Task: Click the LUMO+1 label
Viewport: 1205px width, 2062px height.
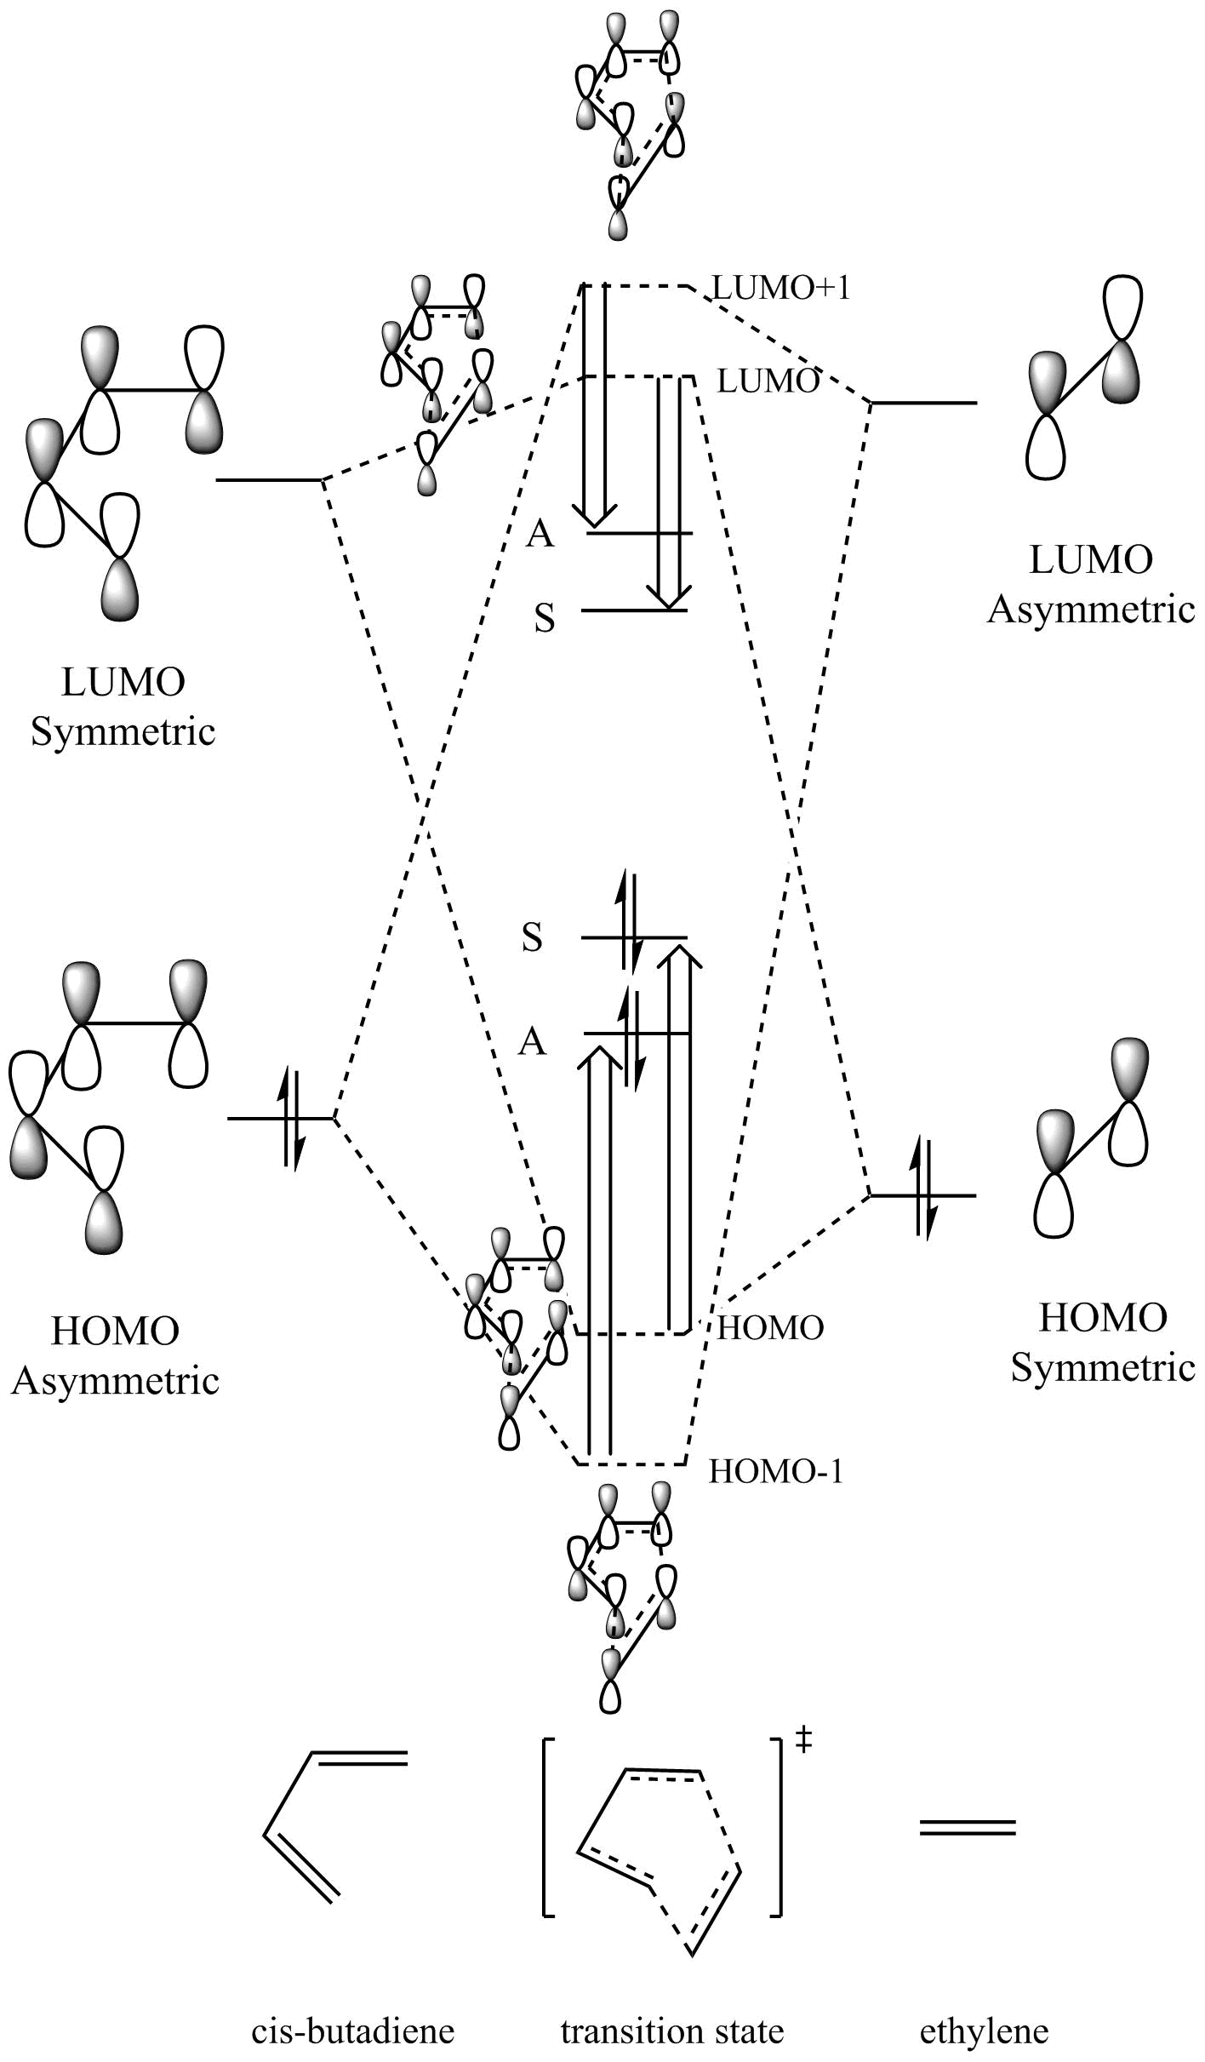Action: (781, 289)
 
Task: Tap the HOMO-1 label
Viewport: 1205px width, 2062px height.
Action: (775, 1472)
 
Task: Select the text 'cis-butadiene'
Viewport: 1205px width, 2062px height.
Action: (352, 2031)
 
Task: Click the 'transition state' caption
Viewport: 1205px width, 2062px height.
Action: (672, 2031)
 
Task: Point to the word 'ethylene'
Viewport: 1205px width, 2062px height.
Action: (985, 2031)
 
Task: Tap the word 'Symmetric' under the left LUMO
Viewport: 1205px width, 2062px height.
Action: (123, 732)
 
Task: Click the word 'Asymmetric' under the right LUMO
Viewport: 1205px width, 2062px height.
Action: (1091, 610)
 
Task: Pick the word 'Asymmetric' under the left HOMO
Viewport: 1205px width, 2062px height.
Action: (115, 1380)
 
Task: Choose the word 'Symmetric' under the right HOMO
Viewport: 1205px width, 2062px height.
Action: (1103, 1367)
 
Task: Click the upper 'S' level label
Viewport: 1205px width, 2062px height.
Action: (533, 938)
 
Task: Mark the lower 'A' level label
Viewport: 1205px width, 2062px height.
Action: (533, 1041)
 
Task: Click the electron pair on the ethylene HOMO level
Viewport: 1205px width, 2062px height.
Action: (924, 1196)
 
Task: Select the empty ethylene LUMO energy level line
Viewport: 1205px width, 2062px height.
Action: (924, 402)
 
